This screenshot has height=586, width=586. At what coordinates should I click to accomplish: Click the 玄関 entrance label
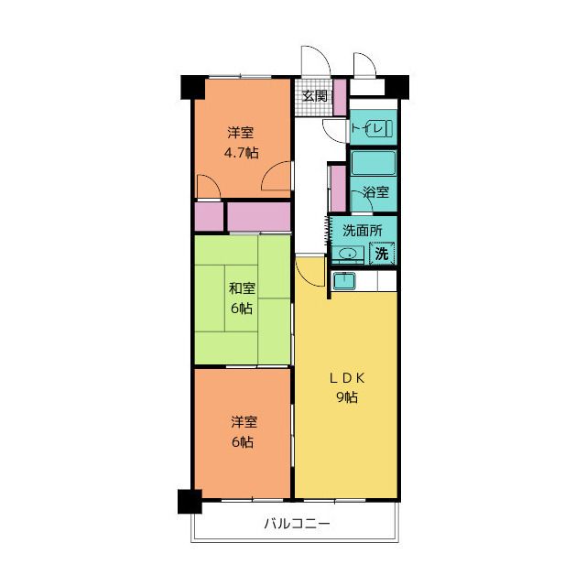click(315, 96)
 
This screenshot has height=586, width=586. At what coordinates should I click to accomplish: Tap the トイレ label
click(367, 128)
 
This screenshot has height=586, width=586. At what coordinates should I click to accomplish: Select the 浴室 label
click(375, 192)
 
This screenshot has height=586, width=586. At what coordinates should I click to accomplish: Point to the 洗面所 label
click(363, 231)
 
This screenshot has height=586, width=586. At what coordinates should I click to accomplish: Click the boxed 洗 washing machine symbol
click(382, 254)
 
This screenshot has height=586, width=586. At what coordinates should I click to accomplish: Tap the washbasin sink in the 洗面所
click(348, 255)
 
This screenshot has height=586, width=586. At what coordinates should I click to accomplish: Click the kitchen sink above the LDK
click(344, 280)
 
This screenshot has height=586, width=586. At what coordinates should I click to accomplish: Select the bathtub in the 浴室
click(374, 163)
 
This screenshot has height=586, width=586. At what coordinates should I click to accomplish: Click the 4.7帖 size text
click(241, 153)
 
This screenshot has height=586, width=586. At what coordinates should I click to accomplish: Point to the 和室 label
click(242, 288)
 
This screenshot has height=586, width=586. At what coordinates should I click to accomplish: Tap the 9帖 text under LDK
click(347, 397)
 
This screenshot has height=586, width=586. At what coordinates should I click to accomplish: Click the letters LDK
click(347, 378)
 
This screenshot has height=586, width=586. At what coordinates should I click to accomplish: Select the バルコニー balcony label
click(297, 523)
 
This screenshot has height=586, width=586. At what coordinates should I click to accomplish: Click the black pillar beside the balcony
click(190, 502)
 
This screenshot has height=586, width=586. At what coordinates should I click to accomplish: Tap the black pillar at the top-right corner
click(396, 87)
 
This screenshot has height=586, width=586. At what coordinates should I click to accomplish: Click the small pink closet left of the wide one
click(209, 217)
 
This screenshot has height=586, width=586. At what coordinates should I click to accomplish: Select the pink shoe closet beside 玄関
click(340, 97)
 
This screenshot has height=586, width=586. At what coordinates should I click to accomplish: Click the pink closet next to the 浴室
click(338, 189)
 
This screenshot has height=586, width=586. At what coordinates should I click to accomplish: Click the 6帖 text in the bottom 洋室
click(243, 442)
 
